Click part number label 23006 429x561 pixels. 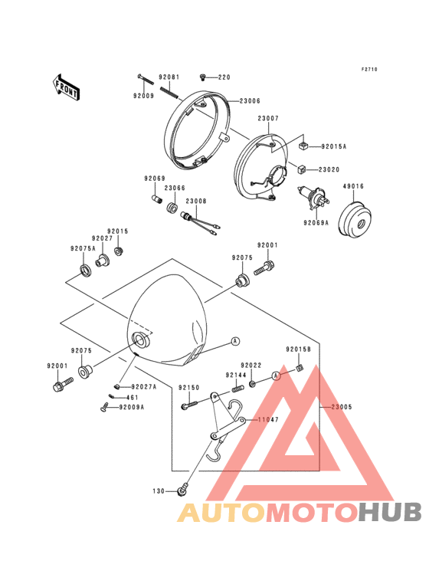pyautogui.click(x=250, y=101)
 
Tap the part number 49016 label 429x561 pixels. pyautogui.click(x=353, y=186)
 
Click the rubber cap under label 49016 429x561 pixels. pyautogui.click(x=355, y=220)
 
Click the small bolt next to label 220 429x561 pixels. pyautogui.click(x=203, y=77)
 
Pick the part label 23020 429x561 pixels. pyautogui.click(x=329, y=169)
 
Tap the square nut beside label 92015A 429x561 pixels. pyautogui.click(x=303, y=146)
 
